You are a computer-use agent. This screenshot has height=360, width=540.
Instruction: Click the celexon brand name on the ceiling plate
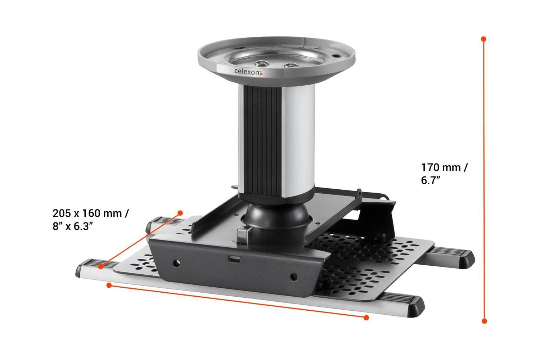pos(247,72)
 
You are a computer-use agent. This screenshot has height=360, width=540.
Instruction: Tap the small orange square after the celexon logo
pos(262,74)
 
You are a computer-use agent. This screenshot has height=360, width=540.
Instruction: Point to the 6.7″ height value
pos(431,180)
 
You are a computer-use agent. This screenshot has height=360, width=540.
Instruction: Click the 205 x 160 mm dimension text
pos(90,213)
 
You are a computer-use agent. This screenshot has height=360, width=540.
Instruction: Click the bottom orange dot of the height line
pos(484,321)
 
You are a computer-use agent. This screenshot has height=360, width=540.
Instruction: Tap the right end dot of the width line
pos(366,318)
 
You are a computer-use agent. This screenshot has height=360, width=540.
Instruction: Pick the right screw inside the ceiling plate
pos(290,66)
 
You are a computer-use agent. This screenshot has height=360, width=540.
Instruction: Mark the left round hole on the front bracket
pos(176,263)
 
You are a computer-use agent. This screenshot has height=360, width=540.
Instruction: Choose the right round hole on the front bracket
pos(293,277)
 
